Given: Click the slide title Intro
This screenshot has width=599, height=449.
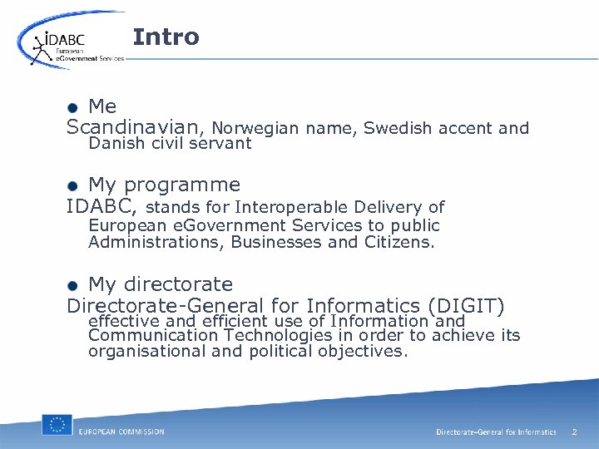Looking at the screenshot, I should coord(166,37).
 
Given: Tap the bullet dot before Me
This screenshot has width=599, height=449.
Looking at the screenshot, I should coord(73,107).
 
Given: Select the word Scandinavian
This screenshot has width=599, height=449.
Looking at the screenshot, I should coord(133,128).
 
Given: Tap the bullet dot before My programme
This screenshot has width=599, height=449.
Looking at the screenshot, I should coord(73,185).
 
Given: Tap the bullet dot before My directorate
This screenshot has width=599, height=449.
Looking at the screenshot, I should coord(73,285).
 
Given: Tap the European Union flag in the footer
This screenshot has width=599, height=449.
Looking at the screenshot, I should coord(57,425).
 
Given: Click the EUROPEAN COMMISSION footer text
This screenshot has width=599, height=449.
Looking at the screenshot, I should coord(121,432).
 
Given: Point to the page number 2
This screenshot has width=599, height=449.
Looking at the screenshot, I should coord(574,432).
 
